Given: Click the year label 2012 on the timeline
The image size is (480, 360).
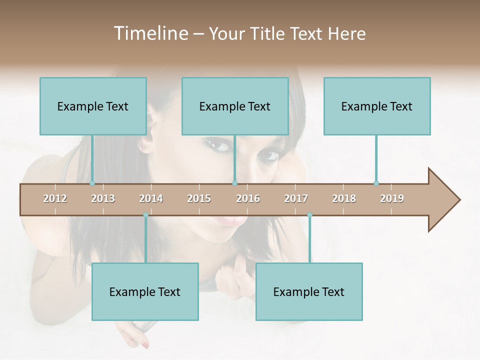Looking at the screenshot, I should (x=55, y=198).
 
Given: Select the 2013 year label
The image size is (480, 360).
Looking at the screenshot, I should (x=103, y=198).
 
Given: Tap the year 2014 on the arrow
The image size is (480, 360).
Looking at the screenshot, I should (x=151, y=198).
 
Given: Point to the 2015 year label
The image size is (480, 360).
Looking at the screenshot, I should (x=199, y=198).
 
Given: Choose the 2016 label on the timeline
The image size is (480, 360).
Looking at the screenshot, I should (x=248, y=198).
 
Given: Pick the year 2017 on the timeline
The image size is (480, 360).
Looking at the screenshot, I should (x=296, y=198).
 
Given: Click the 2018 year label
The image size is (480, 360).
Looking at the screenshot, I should (x=344, y=198).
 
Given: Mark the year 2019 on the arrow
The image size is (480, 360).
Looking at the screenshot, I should (x=392, y=198).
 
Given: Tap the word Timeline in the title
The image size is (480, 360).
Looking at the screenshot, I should (x=150, y=33).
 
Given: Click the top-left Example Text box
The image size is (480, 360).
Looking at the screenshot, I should (x=93, y=106).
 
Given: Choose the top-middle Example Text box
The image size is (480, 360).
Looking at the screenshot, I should (x=235, y=106).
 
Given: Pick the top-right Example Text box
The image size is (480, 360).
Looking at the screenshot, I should (x=377, y=106).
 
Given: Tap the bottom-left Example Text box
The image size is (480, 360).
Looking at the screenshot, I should (x=145, y=291).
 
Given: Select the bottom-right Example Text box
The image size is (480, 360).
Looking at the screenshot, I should (x=309, y=291).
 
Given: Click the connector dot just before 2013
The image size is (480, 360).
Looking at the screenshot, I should (x=92, y=183).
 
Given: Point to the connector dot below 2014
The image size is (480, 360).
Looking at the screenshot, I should (x=145, y=215).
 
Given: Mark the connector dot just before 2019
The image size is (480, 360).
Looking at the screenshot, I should (x=376, y=183).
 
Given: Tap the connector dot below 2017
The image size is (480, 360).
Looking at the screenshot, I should (x=309, y=215).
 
